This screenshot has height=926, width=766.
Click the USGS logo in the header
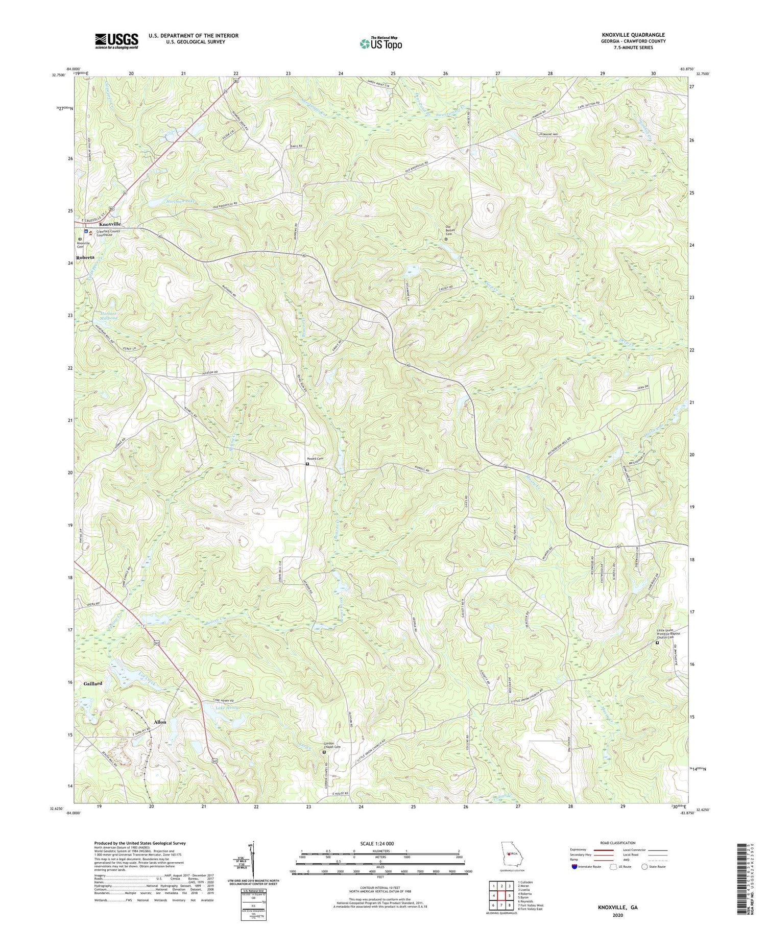click(116, 41)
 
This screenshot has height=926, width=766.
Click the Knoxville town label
click(110, 224)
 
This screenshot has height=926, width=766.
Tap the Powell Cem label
click(315, 459)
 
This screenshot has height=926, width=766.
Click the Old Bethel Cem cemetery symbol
click(446, 239)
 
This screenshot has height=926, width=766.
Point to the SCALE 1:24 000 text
click(380, 844)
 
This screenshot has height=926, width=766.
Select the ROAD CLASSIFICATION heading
click(618, 843)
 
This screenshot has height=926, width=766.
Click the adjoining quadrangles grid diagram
click(501, 895)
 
